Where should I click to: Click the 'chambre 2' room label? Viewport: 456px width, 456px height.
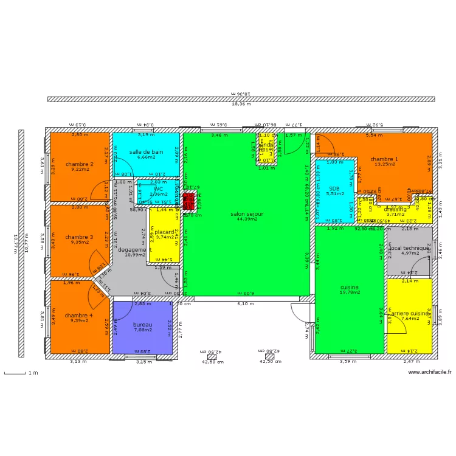tap(80, 164)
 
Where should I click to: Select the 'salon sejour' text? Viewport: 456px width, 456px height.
tap(246, 214)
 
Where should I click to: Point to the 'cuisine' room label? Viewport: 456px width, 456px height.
tap(349, 287)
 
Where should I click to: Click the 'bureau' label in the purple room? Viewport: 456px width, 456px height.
tap(143, 325)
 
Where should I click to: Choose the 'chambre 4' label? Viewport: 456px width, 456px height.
tap(79, 315)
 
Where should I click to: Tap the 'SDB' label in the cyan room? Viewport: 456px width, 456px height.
tap(334, 188)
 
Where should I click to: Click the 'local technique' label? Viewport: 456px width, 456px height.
tap(410, 249)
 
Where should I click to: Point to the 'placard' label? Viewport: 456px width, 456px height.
tap(164, 232)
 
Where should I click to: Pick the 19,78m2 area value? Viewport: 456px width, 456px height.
tap(349, 292)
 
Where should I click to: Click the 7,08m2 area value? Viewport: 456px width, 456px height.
tap(143, 330)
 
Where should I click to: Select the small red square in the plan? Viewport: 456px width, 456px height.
tap(190, 201)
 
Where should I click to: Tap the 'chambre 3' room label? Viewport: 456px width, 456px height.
tap(79, 237)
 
